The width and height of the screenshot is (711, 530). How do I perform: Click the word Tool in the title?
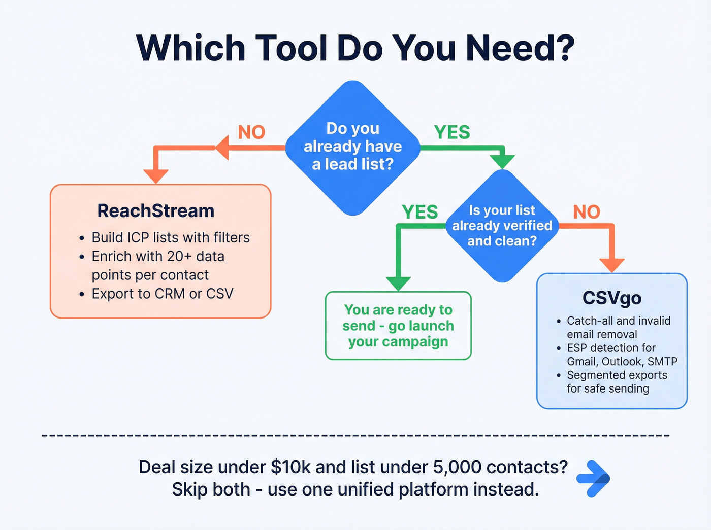coord(291,48)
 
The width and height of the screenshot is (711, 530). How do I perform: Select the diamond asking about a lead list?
coord(353,147)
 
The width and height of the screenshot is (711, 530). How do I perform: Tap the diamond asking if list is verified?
coord(502,226)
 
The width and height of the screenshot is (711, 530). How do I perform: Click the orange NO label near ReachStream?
coord(251,132)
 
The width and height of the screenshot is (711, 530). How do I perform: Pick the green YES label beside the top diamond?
coord(451,132)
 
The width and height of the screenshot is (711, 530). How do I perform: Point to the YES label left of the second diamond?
coord(419,212)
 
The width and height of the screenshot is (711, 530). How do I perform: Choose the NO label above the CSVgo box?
coord(587,212)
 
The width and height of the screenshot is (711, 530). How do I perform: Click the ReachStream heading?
coord(156,211)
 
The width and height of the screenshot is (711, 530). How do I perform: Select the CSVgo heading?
coord(611,298)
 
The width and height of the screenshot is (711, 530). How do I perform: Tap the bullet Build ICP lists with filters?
coord(170,237)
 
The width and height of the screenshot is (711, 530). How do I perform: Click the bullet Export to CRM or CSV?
coord(162,294)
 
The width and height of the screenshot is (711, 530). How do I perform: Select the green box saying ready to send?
coord(398,326)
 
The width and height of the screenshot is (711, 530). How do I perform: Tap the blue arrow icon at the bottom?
coord(594,478)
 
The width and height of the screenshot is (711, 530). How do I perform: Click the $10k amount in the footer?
coord(290,467)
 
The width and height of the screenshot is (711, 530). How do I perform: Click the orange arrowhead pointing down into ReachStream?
coord(156,175)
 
